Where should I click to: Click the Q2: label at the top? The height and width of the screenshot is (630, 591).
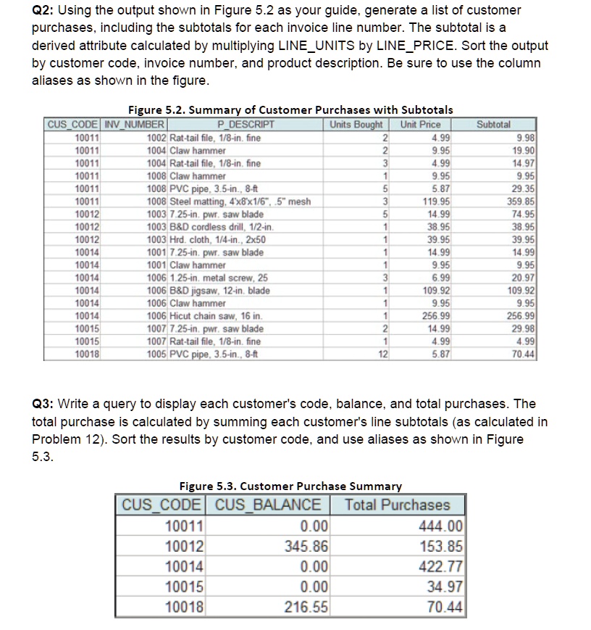[x=46, y=10]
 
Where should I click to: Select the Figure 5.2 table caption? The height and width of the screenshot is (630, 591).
[x=290, y=109]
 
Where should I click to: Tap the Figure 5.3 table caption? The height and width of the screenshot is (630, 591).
[x=290, y=486]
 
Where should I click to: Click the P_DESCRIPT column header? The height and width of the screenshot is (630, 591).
[x=242, y=125]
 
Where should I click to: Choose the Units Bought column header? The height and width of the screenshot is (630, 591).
[x=356, y=125]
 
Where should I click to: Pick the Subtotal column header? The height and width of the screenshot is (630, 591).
[x=495, y=125]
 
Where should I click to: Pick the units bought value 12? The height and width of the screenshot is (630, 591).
[x=383, y=355]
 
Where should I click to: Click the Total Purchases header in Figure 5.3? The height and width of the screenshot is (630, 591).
[x=397, y=505]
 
